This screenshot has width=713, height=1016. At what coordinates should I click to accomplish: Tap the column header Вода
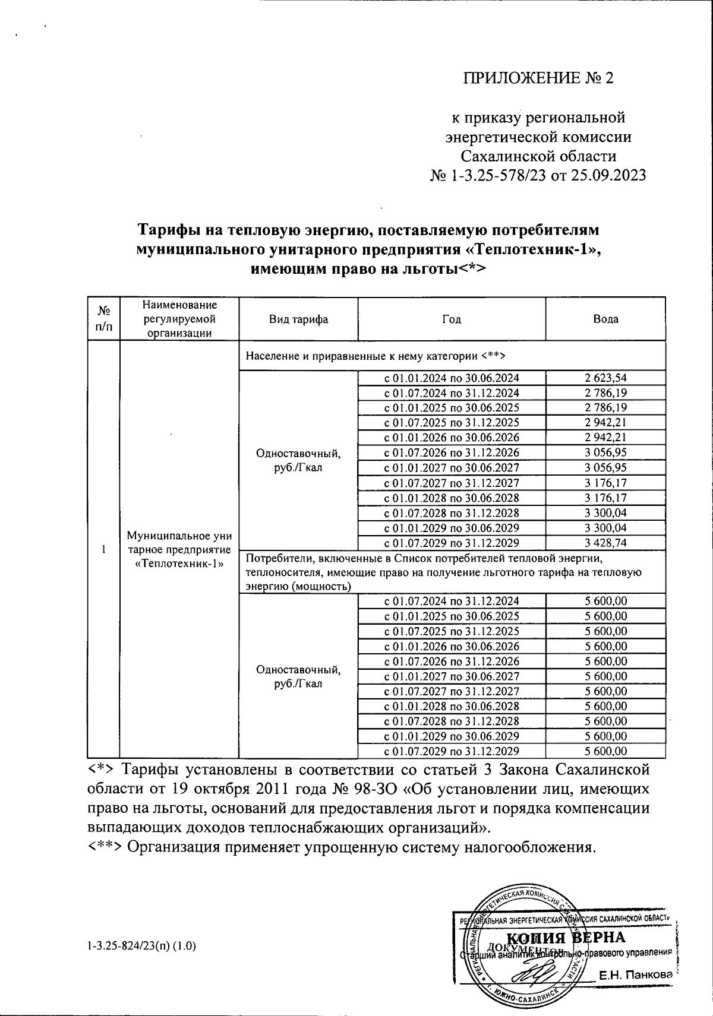click(605, 319)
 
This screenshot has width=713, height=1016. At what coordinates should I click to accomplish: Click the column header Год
click(452, 319)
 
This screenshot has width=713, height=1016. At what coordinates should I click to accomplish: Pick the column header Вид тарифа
click(298, 319)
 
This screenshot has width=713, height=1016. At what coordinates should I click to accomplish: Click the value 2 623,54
click(605, 378)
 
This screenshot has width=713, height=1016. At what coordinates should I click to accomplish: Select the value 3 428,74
click(605, 543)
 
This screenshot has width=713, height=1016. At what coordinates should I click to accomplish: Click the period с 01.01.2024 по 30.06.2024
click(452, 378)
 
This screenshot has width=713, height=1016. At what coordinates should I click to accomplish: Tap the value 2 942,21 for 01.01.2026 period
click(605, 438)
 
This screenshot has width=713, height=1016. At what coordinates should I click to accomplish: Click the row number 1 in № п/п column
click(103, 549)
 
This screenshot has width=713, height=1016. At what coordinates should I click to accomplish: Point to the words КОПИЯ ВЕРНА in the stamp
click(569, 937)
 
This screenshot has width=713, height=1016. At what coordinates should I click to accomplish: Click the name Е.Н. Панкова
click(635, 974)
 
